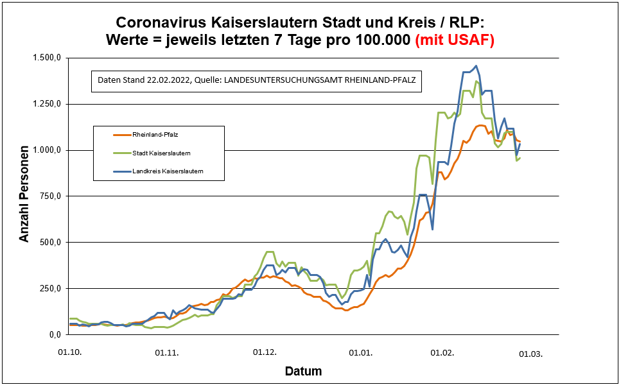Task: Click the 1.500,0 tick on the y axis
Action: tap(46, 58)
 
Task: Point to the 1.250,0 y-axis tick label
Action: tap(46, 104)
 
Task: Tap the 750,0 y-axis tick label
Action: tap(49, 196)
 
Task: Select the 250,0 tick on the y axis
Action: tap(49, 288)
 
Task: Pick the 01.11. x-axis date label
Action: tap(167, 352)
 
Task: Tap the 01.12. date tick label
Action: tap(265, 352)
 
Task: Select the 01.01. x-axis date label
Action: tap(362, 352)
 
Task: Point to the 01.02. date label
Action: tap(442, 352)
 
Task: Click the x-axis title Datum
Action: tap(303, 371)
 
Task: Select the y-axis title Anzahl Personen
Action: tap(24, 196)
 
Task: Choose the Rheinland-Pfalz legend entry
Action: tap(155, 135)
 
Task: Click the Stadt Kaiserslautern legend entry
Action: tap(161, 153)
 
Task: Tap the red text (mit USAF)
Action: tap(455, 40)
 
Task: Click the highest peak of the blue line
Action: tap(476, 65)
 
